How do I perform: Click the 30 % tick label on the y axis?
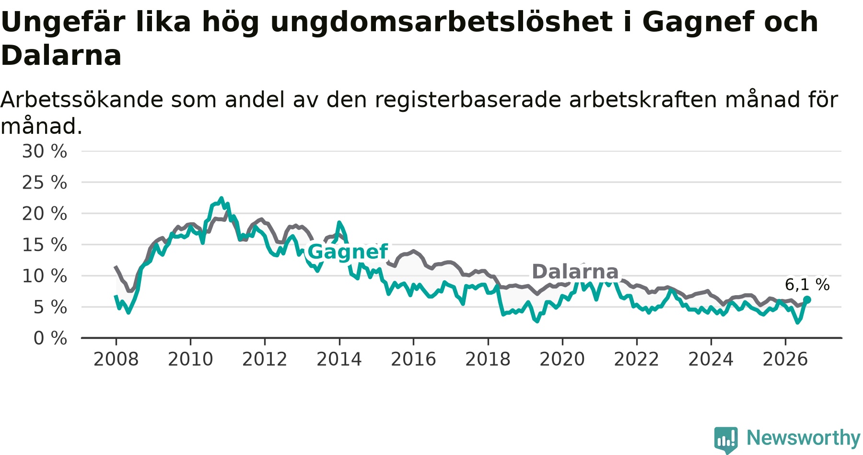[45, 151]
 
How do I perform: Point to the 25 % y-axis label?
[45, 182]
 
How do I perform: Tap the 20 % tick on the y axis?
[45, 214]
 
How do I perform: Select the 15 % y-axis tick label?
[45, 245]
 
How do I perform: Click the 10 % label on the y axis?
[45, 276]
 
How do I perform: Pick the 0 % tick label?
[50, 338]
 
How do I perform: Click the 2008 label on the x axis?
[116, 359]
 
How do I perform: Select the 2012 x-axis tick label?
[265, 359]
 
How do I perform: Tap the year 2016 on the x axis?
[413, 359]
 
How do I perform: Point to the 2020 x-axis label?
[562, 359]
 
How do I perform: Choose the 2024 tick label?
[711, 359]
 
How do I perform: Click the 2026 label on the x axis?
[785, 359]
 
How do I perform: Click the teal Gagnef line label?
[348, 251]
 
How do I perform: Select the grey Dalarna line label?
[575, 272]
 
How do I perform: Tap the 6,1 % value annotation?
[807, 285]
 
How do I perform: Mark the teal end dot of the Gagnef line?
[807, 299]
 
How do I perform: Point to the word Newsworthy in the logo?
[804, 438]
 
